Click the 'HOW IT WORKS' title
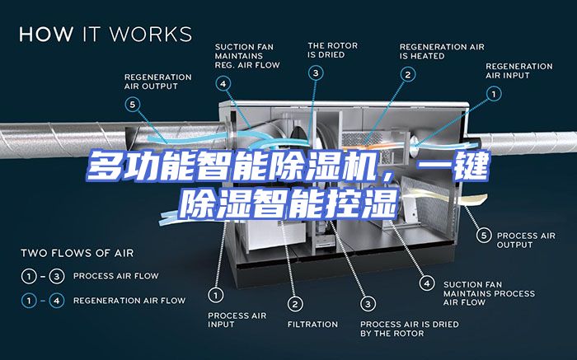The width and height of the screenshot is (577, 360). pos(106,34)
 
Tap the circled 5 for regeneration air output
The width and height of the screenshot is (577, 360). pos(133,105)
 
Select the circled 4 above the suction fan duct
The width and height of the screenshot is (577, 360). pos(223,84)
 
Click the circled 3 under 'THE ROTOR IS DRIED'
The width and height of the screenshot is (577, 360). pos(316,73)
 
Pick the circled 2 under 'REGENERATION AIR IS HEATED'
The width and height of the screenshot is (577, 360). pos(408,75)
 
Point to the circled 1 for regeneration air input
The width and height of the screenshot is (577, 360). pos(494,94)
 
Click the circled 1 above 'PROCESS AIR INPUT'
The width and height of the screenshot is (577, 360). pos(216,295)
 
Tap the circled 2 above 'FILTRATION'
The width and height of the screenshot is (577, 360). pos(295,304)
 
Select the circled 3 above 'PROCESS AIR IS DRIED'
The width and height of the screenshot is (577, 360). pos(368,304)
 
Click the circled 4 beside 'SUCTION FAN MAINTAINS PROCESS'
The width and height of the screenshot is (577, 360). pos(427,283)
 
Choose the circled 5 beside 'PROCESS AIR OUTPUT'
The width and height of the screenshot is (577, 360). pos(484,236)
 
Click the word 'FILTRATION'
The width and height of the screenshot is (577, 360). pos(312,325)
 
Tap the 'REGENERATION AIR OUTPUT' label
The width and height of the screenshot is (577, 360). pos(158,82)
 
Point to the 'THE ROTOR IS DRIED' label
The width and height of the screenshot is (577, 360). pos(333,50)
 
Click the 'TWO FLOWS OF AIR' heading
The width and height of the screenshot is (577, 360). pos(77,253)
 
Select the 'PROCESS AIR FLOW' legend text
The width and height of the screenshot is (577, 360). pos(116,276)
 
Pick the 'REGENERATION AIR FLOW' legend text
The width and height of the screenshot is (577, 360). pos(129,301)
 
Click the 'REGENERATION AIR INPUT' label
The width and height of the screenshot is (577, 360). pos(518,71)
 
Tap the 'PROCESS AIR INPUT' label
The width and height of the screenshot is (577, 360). pos(237,320)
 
